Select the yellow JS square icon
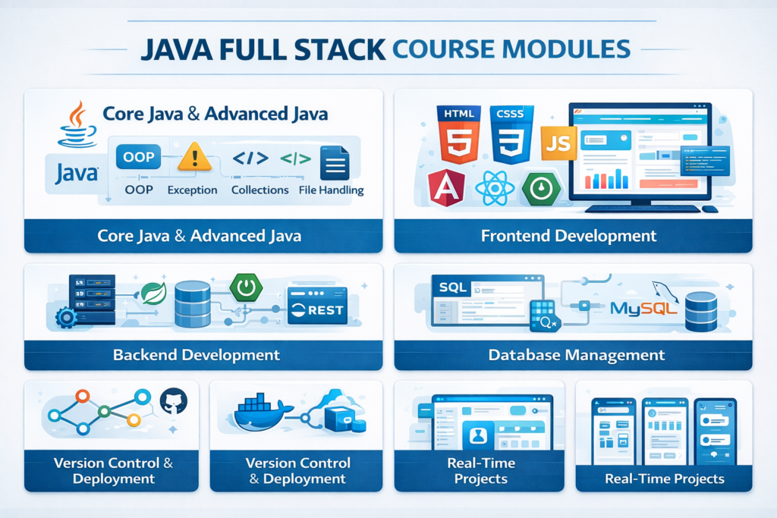[558, 143]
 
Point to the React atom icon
[494, 190]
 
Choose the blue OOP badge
[137, 157]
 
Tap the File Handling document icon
[335, 162]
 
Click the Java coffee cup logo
[77, 125]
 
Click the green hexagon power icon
[246, 288]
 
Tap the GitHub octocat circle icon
[173, 402]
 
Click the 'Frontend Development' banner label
[568, 235]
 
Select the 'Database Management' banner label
[576, 354]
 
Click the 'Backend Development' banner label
[196, 354]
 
